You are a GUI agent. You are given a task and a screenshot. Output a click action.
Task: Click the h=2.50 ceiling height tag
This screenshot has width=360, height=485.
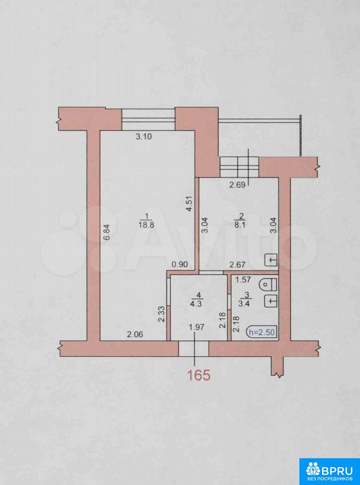click(261, 332)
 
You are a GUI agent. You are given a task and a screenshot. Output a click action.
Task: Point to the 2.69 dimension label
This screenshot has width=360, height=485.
click(237, 185)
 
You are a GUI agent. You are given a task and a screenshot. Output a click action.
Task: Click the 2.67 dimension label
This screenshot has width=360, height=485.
click(237, 265)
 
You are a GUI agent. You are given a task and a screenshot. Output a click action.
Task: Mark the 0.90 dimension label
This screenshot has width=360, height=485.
click(180, 265)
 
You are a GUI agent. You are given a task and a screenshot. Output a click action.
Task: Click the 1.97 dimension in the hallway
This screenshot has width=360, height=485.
click(196, 327)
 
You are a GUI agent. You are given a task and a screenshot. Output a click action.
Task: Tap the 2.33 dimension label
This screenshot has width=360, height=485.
click(161, 314)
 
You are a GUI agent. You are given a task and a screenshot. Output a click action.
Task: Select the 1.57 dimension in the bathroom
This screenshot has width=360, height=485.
click(243, 280)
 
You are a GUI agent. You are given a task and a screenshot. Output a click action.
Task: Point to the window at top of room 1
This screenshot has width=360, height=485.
click(148, 120)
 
